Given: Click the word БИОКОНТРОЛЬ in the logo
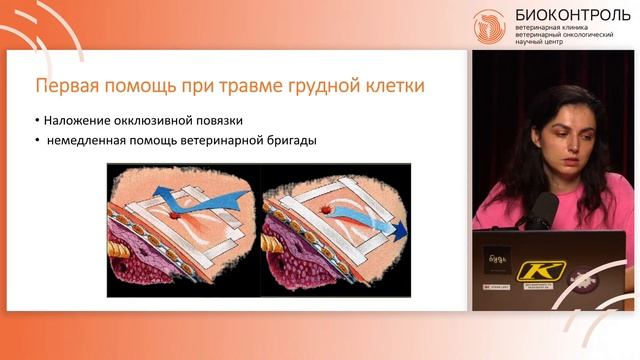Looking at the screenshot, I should coord(572,15).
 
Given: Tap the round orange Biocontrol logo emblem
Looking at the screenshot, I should coord(489,25).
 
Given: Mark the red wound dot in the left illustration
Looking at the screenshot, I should coord(175,215).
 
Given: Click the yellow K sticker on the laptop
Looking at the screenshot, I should coord(540,269).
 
